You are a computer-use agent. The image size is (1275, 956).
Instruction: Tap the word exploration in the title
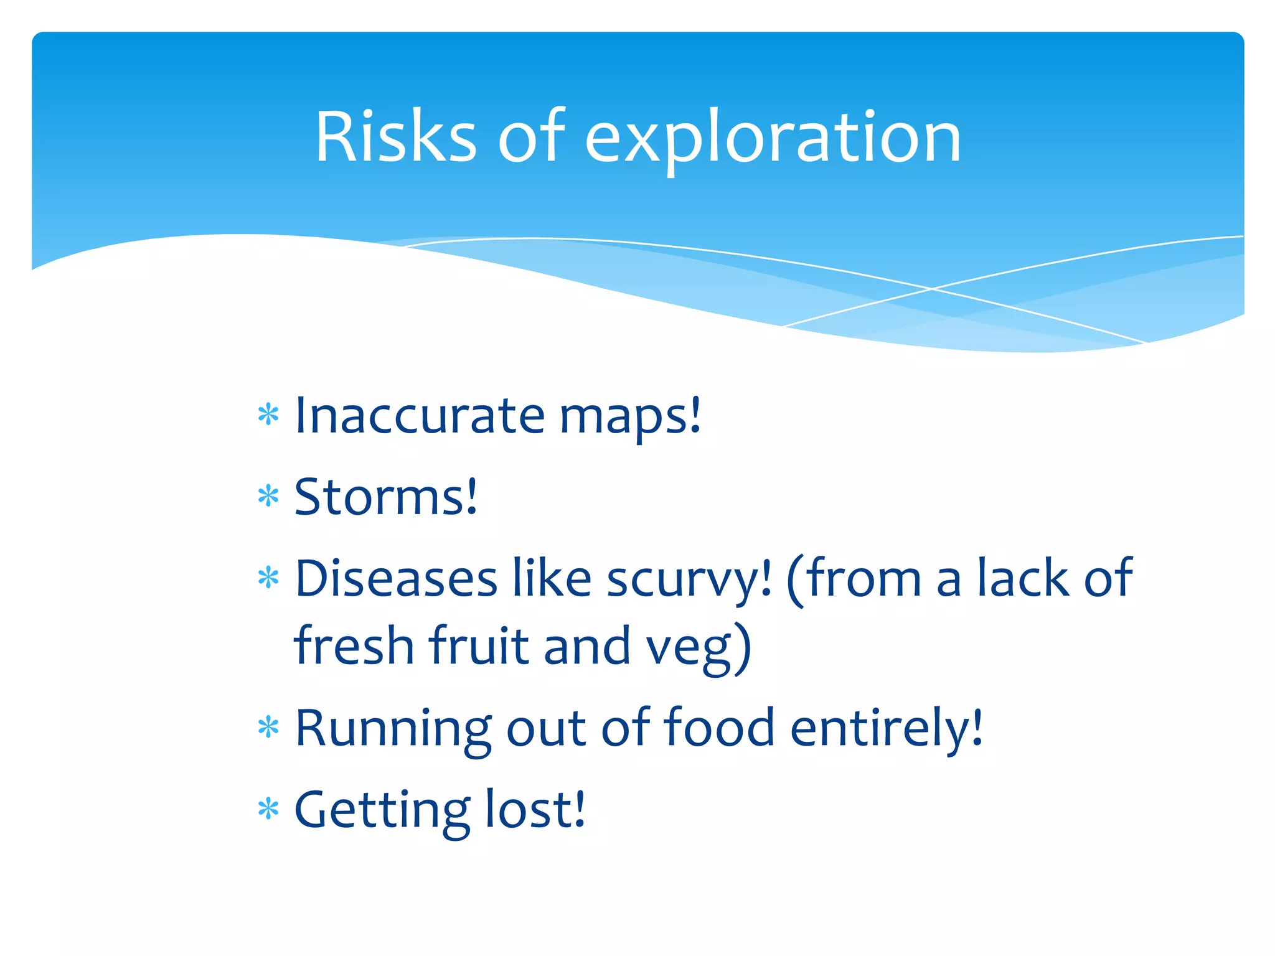coord(773,140)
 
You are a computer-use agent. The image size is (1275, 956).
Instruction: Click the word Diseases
coord(395,578)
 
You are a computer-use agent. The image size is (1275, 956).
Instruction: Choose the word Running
coord(393,729)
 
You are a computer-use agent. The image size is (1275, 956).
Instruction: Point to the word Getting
coord(382,811)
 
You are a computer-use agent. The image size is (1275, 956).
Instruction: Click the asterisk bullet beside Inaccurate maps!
coord(268,415)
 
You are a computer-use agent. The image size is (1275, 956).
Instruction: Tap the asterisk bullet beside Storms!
coord(268,497)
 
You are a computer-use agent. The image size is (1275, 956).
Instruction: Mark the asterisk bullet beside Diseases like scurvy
coord(268,578)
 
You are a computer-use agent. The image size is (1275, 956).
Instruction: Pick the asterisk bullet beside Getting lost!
coord(268,809)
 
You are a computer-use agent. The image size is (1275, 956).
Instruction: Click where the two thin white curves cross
coord(932,289)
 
